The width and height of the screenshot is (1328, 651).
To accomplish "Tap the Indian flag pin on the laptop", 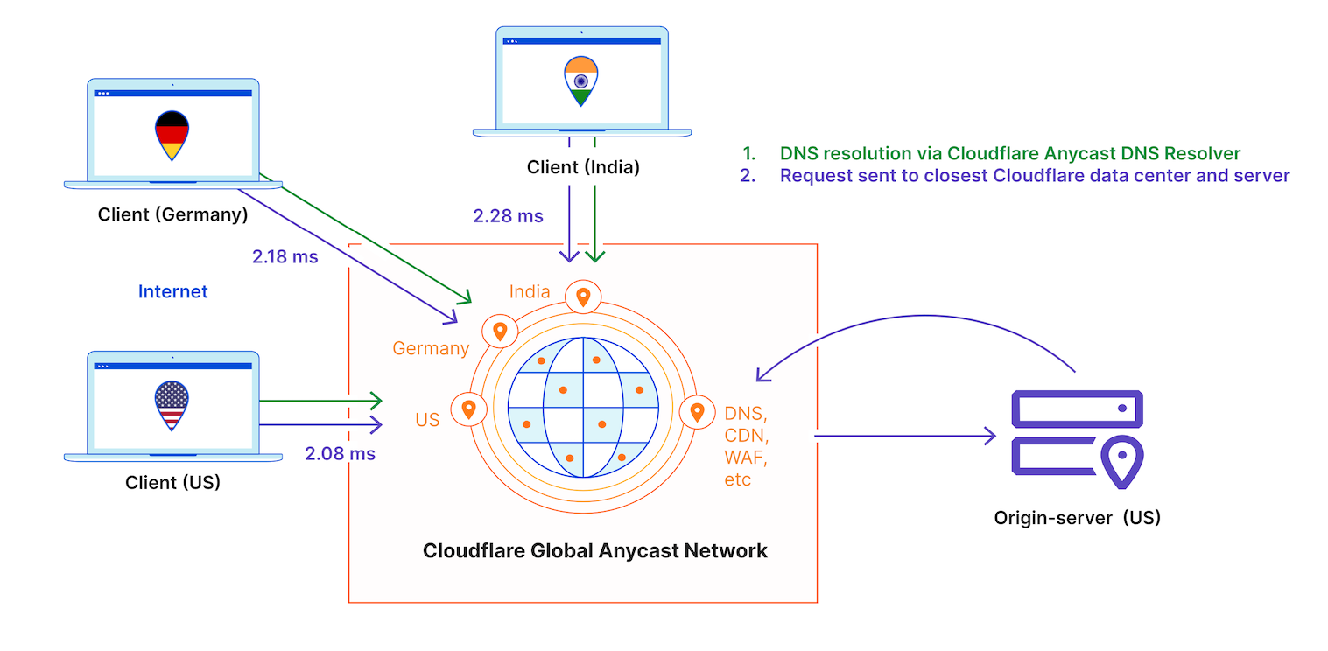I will tap(580, 81).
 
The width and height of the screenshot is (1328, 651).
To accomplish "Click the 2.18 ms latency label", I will tap(285, 257).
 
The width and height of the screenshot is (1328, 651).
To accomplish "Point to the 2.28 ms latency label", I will tap(508, 215).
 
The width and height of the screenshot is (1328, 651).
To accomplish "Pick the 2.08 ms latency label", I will tap(340, 453).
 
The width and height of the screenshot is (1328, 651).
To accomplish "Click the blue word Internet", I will tap(172, 291).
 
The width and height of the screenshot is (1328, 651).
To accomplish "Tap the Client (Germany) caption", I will tap(172, 213).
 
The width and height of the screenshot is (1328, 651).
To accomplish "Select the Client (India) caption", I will tap(583, 167).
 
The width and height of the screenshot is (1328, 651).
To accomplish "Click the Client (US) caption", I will tap(172, 481).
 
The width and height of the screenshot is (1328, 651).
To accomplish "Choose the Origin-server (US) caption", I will tap(1077, 517).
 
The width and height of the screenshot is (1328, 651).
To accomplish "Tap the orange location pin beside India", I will tap(583, 297).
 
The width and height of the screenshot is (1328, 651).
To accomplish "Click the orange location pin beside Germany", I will tap(500, 332).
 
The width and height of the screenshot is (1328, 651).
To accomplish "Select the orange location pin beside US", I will tap(468, 409).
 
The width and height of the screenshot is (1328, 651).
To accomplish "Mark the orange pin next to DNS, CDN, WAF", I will tap(697, 411).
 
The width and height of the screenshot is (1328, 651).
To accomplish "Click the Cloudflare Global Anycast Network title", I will tap(594, 550).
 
